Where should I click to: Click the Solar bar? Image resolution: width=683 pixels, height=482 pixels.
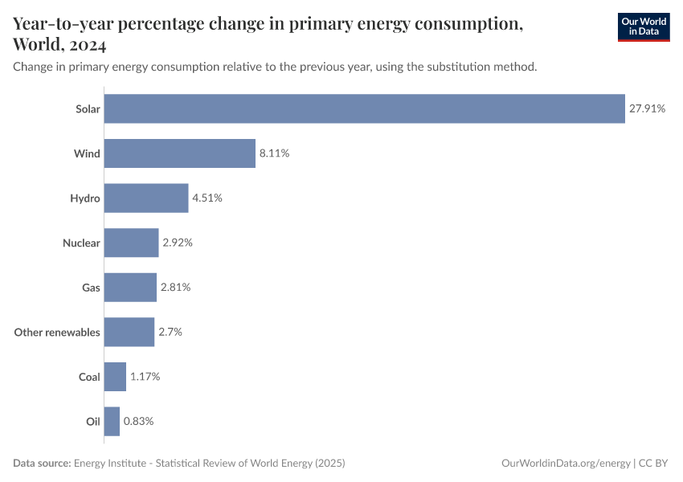[364, 108]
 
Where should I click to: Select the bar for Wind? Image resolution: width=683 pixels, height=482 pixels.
[179, 153]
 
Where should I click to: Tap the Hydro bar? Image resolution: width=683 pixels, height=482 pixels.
[145, 198]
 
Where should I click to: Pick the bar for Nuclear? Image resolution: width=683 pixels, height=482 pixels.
[131, 243]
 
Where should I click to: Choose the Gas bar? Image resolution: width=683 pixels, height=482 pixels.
[130, 287]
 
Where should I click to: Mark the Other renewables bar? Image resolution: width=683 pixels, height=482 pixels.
[129, 332]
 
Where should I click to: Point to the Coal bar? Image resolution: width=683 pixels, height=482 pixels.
[115, 376]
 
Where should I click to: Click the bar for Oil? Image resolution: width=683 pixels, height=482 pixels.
[112, 421]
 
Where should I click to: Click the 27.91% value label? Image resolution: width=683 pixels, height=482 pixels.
[647, 108]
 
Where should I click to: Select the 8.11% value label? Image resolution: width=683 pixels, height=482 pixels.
[274, 153]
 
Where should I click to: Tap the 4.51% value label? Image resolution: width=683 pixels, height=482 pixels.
[207, 198]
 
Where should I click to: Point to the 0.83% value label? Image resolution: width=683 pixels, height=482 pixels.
[138, 421]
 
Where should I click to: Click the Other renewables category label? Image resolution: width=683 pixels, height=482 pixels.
[57, 332]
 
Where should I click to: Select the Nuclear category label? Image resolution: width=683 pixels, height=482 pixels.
[81, 243]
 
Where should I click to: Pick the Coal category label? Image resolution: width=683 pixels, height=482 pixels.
[89, 376]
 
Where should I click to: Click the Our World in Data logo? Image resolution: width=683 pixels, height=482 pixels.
[644, 27]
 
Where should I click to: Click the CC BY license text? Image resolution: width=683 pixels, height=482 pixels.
[654, 464]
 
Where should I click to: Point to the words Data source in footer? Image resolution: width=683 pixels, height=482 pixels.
[42, 464]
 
